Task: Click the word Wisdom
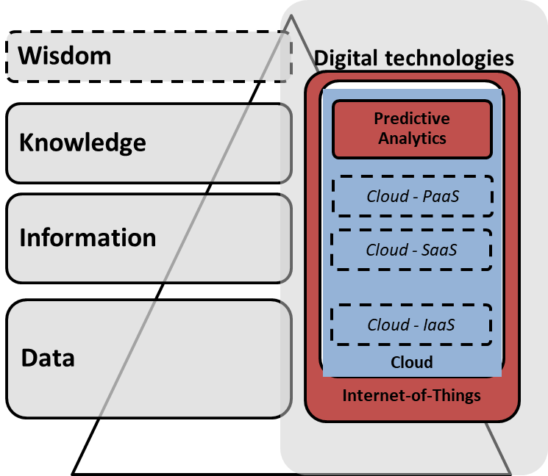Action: pyautogui.click(x=65, y=55)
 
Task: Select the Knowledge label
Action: pyautogui.click(x=82, y=142)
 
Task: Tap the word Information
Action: pyautogui.click(x=88, y=238)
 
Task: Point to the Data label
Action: pyautogui.click(x=48, y=358)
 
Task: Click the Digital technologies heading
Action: pyautogui.click(x=413, y=58)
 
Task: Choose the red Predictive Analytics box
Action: pyautogui.click(x=412, y=129)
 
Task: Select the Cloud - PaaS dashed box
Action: pyautogui.click(x=412, y=196)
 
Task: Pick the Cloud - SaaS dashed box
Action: pyautogui.click(x=412, y=250)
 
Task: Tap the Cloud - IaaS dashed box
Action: pyautogui.click(x=412, y=324)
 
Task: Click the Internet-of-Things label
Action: pyautogui.click(x=412, y=396)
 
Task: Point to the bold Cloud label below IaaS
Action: pyautogui.click(x=412, y=362)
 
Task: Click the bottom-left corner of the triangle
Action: pyautogui.click(x=73, y=472)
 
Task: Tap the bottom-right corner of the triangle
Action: pyautogui.click(x=510, y=472)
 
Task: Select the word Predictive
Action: pyautogui.click(x=412, y=118)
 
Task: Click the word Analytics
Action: pyautogui.click(x=412, y=137)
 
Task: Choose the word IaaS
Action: pyautogui.click(x=439, y=324)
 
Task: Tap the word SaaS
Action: pyautogui.click(x=439, y=250)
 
